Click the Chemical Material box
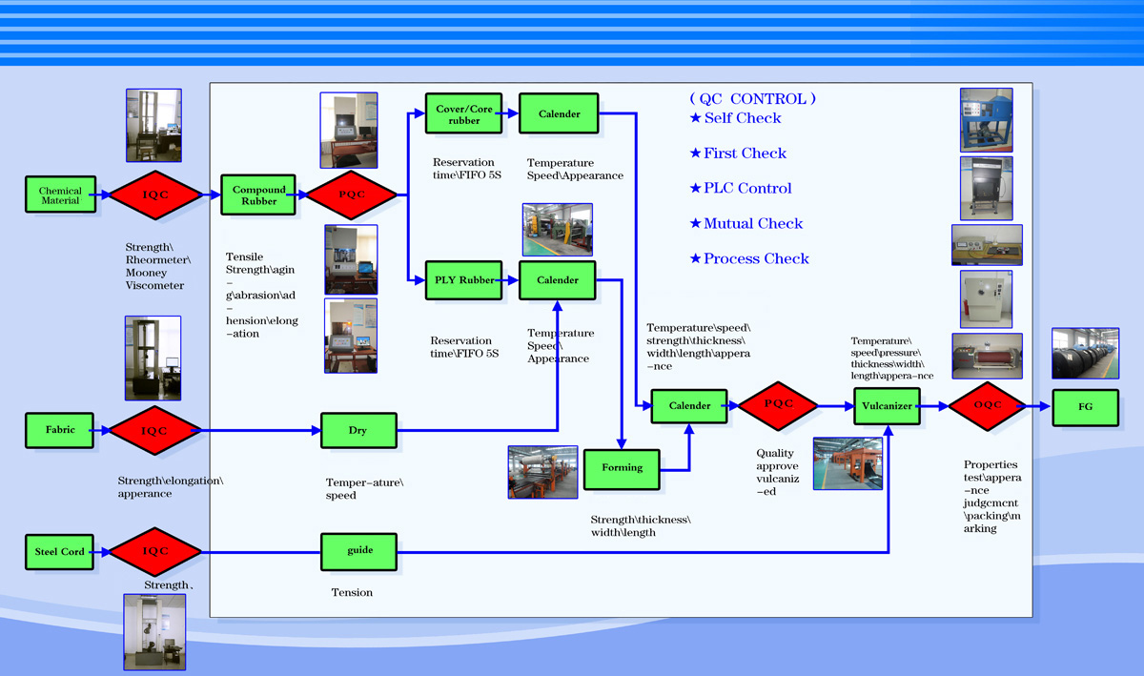[60, 195]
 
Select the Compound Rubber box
[259, 195]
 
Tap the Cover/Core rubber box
[464, 114]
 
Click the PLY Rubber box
[464, 280]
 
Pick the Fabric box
[60, 430]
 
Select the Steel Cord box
[60, 552]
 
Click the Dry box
[357, 431]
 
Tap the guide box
[359, 550]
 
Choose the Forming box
[622, 468]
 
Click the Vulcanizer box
[887, 405]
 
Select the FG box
[1085, 406]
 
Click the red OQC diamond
[988, 405]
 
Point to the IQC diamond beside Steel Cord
[154, 551]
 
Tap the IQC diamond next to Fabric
[154, 431]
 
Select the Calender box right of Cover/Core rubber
[559, 113]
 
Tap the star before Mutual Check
[695, 224]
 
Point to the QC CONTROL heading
[752, 98]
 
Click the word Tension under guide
[352, 593]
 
